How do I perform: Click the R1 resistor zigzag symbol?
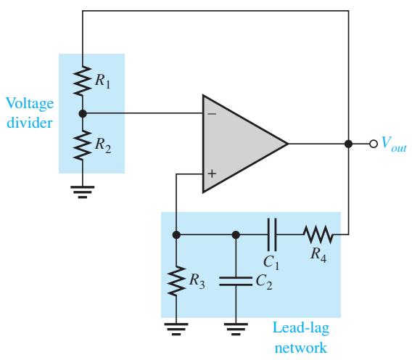[x=83, y=81]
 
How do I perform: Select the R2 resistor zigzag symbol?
[x=83, y=145]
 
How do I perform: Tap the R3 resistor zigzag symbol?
[x=176, y=281]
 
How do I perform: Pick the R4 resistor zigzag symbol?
[x=318, y=234]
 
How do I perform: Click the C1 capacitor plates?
[x=272, y=234]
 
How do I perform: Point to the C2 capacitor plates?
[x=236, y=281]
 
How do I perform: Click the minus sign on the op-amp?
[x=212, y=114]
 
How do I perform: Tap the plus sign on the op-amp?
[x=212, y=173]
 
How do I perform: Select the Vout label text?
[x=393, y=144]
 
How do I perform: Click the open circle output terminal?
[x=374, y=144]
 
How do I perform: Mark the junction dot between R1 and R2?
[x=83, y=114]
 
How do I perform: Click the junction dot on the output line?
[x=348, y=144]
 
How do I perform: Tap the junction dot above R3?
[x=176, y=234]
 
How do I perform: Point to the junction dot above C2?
[x=236, y=234]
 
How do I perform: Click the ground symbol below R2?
[x=83, y=192]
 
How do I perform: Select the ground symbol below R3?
[x=176, y=329]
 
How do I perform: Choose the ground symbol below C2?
[x=236, y=329]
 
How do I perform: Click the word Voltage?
[x=30, y=104]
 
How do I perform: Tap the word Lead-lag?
[x=301, y=328]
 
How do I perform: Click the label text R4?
[x=318, y=255]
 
